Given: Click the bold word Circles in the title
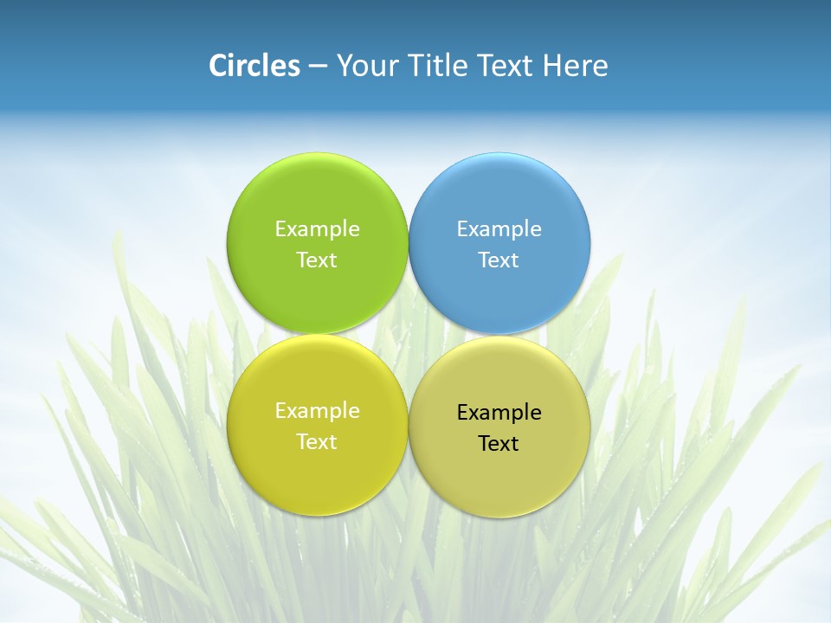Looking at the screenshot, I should coord(254,66).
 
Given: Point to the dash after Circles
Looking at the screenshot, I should coord(317,67).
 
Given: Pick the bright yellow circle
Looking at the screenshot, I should coord(317,476).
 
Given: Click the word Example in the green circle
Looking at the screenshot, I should coord(317,229).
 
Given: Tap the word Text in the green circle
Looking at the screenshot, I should coord(317,260).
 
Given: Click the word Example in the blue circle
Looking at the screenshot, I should coord(499,229).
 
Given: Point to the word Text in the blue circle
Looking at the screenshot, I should coord(499,260).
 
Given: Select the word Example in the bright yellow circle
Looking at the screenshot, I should coord(317,411).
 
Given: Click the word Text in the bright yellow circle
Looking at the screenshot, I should coord(317,442).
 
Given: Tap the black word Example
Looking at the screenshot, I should coord(499,413).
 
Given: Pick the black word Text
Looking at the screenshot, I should coord(499,444).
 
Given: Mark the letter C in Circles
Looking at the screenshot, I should coord(218,66).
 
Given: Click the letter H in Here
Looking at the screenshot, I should coord(551,66).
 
